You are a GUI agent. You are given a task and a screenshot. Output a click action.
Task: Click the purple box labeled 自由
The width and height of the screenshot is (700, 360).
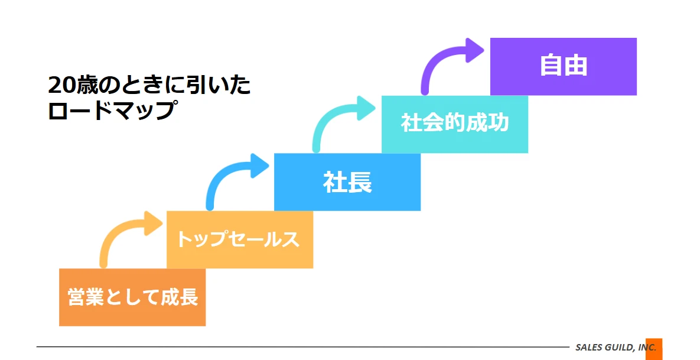(x=564, y=67)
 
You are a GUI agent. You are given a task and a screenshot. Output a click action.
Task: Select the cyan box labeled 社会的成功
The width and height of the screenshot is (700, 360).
(x=455, y=124)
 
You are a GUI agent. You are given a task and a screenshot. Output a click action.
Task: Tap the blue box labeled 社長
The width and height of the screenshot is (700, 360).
(x=347, y=182)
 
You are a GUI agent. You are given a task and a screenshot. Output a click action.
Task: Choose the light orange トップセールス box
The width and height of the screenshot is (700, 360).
(x=240, y=239)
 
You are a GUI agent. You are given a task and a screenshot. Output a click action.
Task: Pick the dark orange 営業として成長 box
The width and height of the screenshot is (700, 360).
(x=132, y=297)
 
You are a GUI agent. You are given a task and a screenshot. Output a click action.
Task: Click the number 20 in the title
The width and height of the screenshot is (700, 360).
(x=61, y=85)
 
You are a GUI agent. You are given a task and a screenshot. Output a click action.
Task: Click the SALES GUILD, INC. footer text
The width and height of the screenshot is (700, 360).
(x=616, y=348)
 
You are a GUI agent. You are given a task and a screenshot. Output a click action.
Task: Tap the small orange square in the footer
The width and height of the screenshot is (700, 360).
(x=654, y=349)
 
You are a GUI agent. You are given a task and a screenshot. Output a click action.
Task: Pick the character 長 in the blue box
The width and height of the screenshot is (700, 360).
(x=360, y=182)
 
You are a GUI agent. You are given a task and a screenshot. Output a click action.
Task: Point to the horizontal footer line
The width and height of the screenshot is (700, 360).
(x=303, y=346)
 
